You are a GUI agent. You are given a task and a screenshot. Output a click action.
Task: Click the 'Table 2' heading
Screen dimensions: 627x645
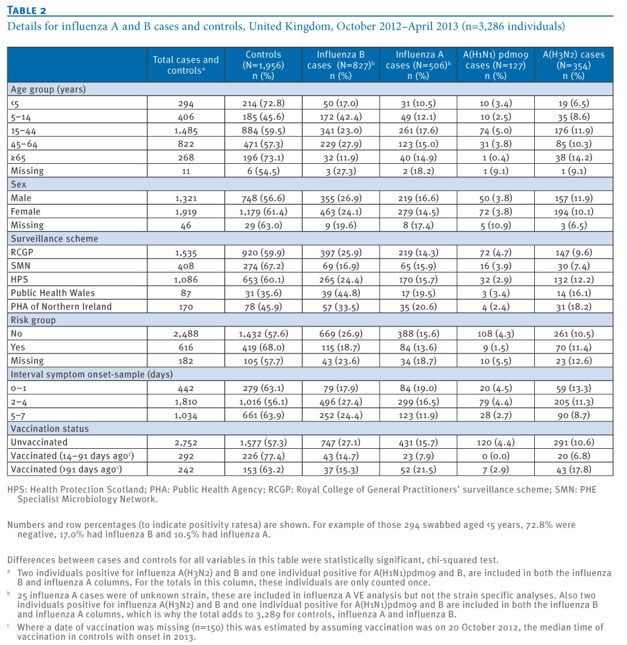point(27,11)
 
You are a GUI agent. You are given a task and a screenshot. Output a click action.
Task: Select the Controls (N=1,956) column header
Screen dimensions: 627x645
point(263,65)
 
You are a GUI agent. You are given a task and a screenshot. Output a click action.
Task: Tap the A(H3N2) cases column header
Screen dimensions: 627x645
point(574,65)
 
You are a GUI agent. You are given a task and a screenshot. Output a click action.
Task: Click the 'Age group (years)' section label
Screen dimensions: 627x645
point(48,90)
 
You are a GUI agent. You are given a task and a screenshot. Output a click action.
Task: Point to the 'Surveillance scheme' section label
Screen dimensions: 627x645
point(54,238)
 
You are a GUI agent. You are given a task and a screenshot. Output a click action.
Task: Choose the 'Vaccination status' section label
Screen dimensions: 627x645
point(50,428)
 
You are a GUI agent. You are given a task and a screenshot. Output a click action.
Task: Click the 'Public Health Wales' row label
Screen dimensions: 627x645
point(53,293)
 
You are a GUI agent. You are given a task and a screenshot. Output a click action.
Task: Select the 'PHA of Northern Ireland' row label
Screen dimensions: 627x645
point(61,307)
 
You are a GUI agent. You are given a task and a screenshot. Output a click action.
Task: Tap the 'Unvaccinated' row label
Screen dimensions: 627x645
point(39,442)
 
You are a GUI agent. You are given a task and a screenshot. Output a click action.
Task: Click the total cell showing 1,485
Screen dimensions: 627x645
point(186,131)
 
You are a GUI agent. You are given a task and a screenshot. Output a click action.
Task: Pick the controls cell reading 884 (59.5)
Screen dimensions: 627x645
point(263,130)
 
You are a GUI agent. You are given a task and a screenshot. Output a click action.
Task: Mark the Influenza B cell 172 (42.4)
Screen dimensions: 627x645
point(341,117)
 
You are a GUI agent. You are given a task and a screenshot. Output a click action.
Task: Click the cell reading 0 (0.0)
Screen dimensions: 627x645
point(495,455)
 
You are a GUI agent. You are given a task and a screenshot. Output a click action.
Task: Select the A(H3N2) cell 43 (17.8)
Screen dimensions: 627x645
point(574,469)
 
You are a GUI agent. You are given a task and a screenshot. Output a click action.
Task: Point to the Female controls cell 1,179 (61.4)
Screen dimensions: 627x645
point(263,212)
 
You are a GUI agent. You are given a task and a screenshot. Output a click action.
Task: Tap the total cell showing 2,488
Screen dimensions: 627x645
point(186,334)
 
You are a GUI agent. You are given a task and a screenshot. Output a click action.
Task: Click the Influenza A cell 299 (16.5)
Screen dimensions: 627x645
point(418,401)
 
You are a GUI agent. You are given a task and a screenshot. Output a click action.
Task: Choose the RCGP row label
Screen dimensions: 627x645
point(22,252)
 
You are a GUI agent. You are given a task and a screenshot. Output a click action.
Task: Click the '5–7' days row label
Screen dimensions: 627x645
point(18,415)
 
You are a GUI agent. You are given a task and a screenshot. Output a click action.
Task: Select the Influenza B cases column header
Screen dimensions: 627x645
point(341,65)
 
